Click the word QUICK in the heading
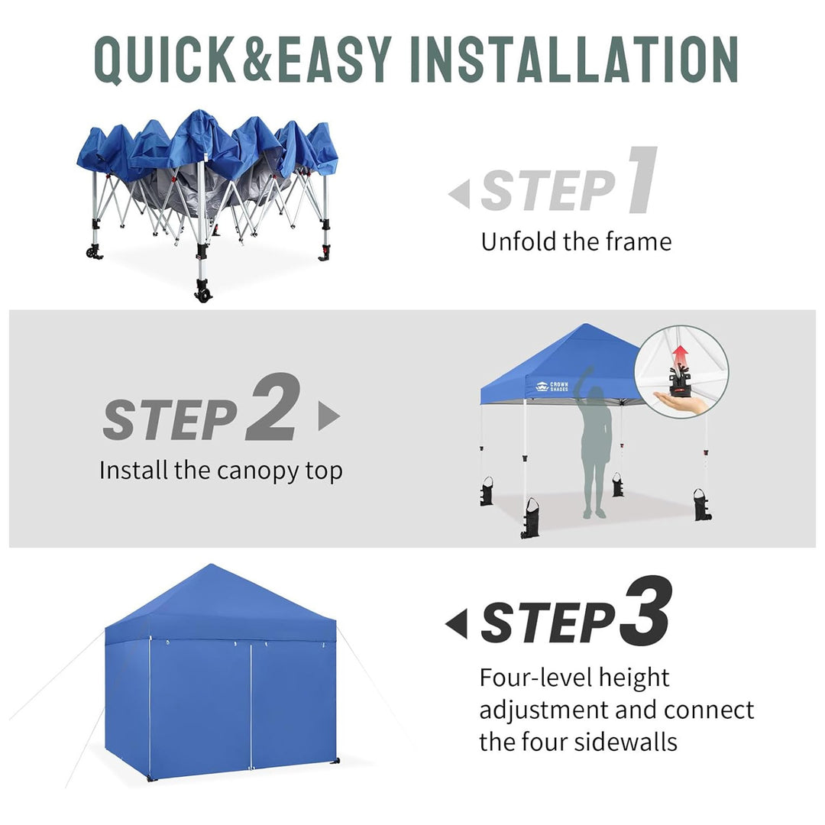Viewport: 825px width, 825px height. [164, 60]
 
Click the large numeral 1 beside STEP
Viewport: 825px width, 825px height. [643, 180]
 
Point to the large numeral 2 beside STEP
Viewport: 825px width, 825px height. [273, 406]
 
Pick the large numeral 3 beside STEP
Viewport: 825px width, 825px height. [645, 610]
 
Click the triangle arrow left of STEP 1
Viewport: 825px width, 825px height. [459, 193]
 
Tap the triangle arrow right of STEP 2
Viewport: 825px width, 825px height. [328, 416]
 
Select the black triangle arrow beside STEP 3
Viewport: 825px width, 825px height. [456, 624]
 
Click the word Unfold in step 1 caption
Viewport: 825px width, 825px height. [519, 241]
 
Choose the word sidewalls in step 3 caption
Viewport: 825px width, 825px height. [626, 742]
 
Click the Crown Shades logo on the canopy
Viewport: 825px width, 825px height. [552, 387]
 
